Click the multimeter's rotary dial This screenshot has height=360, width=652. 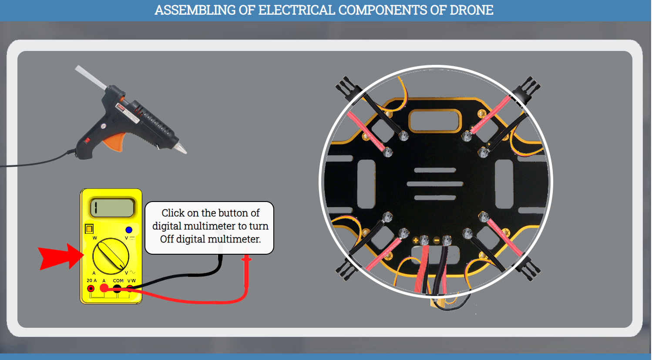pyautogui.click(x=111, y=256)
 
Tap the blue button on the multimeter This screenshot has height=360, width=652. pyautogui.click(x=129, y=230)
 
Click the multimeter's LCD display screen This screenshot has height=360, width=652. pyautogui.click(x=112, y=208)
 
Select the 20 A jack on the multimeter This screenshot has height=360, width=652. pyautogui.click(x=91, y=288)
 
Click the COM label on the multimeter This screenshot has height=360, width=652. pyautogui.click(x=118, y=281)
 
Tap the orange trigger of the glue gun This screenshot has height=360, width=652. pyautogui.click(x=114, y=142)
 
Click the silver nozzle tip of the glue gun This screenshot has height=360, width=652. pyautogui.click(x=181, y=148)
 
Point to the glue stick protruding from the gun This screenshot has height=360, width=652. pyautogui.click(x=90, y=78)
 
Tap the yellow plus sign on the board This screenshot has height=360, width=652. pyautogui.click(x=416, y=240)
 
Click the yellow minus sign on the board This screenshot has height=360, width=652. pyautogui.click(x=437, y=240)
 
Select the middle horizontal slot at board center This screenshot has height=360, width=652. pyautogui.click(x=435, y=184)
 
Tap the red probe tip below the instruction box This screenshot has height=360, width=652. pyautogui.click(x=246, y=259)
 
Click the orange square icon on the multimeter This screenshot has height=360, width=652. pyautogui.click(x=89, y=229)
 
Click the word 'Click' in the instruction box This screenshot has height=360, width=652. pyautogui.click(x=173, y=213)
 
